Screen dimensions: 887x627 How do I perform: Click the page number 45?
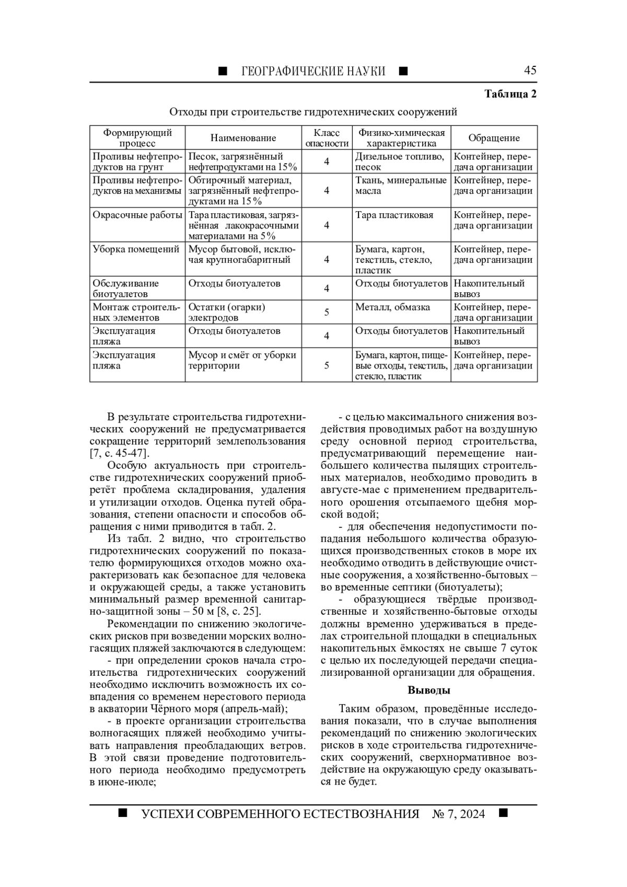tap(530, 71)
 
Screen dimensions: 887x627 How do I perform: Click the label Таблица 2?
tap(510, 94)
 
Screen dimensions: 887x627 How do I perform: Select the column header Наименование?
tap(243, 138)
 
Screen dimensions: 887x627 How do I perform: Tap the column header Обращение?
tap(494, 138)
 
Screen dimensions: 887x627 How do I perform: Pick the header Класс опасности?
tap(327, 138)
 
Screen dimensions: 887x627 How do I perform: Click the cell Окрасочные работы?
tap(137, 215)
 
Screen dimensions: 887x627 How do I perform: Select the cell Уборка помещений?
tap(136, 249)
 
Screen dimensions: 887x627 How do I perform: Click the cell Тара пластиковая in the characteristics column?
tap(394, 215)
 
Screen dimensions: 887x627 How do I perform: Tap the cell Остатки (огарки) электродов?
tap(227, 312)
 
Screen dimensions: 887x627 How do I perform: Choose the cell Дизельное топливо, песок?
tap(400, 162)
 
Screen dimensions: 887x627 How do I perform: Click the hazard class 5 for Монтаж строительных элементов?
tap(327, 313)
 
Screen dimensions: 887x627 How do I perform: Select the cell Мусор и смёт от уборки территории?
tap(242, 360)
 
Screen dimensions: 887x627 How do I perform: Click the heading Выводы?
tap(428, 690)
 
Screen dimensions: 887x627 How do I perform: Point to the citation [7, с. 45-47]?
tap(119, 453)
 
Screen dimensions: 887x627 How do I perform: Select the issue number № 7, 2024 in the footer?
tap(458, 814)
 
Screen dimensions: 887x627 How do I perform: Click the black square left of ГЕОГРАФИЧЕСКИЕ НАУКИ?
tap(223, 71)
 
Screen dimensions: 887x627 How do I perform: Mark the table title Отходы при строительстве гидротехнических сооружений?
tap(313, 112)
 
